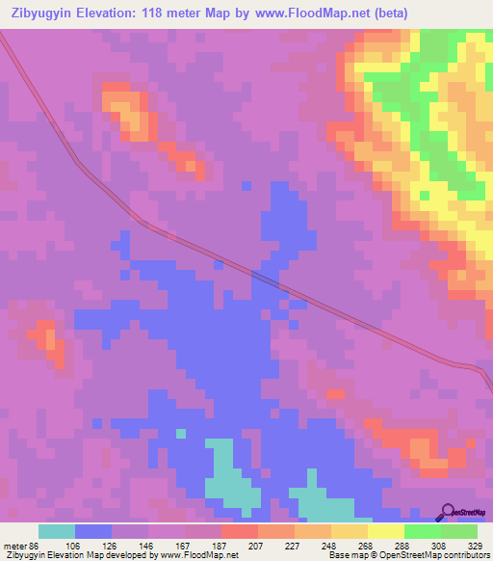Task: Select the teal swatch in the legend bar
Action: [57, 531]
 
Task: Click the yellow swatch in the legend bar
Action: [385, 531]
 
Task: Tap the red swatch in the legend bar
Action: [239, 531]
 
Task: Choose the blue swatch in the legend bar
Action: [93, 531]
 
